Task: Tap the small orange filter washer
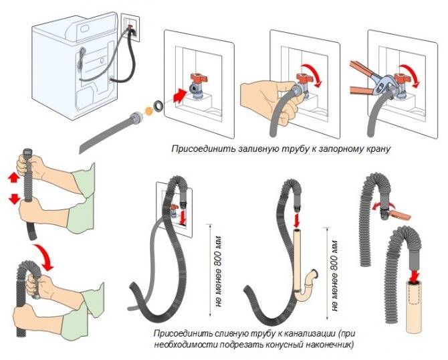(148, 111)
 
